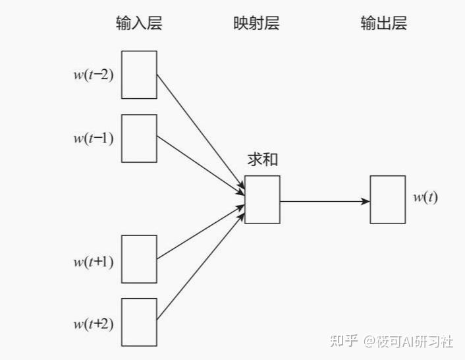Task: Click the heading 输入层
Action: pyautogui.click(x=139, y=24)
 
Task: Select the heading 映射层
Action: pyautogui.click(x=256, y=24)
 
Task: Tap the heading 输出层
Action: pyautogui.click(x=383, y=24)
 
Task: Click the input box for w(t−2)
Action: pyautogui.click(x=139, y=75)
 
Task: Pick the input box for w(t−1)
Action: pyautogui.click(x=139, y=138)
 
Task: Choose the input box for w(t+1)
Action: pyautogui.click(x=139, y=259)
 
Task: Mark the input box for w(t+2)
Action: pyautogui.click(x=139, y=322)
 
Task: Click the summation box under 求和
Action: pyautogui.click(x=262, y=199)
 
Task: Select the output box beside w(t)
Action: pyautogui.click(x=387, y=199)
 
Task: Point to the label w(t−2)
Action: pyautogui.click(x=93, y=75)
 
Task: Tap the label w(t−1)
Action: pyautogui.click(x=93, y=138)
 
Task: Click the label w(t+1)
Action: pyautogui.click(x=93, y=262)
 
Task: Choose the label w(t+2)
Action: pyautogui.click(x=93, y=324)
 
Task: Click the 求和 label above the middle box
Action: pyautogui.click(x=262, y=160)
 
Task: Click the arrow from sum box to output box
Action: pyautogui.click(x=324, y=200)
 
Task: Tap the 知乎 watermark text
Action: pyautogui.click(x=344, y=342)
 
